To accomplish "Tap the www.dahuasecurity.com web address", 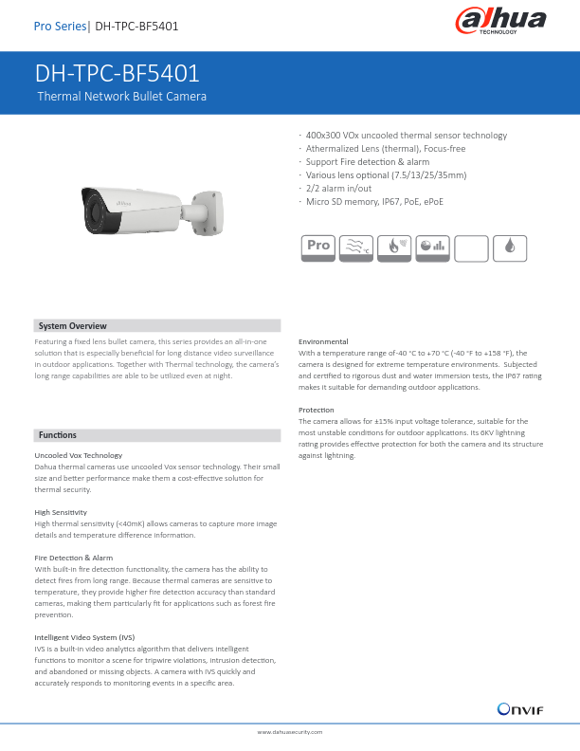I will pos(290,733).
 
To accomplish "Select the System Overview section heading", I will pos(72,326).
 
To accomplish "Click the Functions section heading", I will pos(58,435).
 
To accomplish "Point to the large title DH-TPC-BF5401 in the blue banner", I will pos(117,75).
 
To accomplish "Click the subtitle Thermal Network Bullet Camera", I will pos(121,97).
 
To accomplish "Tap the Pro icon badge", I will pos(317,246).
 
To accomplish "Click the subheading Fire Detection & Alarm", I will pos(73,558).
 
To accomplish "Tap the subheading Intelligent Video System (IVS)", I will pos(83,637).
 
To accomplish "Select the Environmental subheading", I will pos(323,341).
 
